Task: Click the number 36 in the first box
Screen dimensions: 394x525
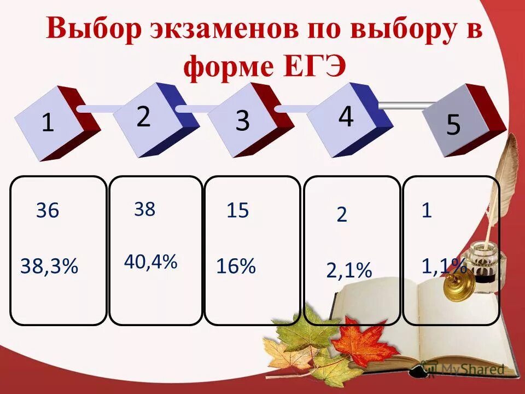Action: pos(48,211)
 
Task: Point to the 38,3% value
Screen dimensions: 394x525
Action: pos(49,266)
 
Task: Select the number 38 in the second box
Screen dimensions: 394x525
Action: pos(145,209)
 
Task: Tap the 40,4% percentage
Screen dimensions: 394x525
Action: pos(150,262)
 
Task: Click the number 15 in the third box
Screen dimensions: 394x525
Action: pos(238,210)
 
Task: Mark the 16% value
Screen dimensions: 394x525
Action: pos(236,266)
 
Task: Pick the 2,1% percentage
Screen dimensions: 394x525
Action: pos(349,270)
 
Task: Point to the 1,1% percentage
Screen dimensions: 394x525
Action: pos(444,266)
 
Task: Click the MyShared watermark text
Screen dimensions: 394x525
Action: pos(472,369)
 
